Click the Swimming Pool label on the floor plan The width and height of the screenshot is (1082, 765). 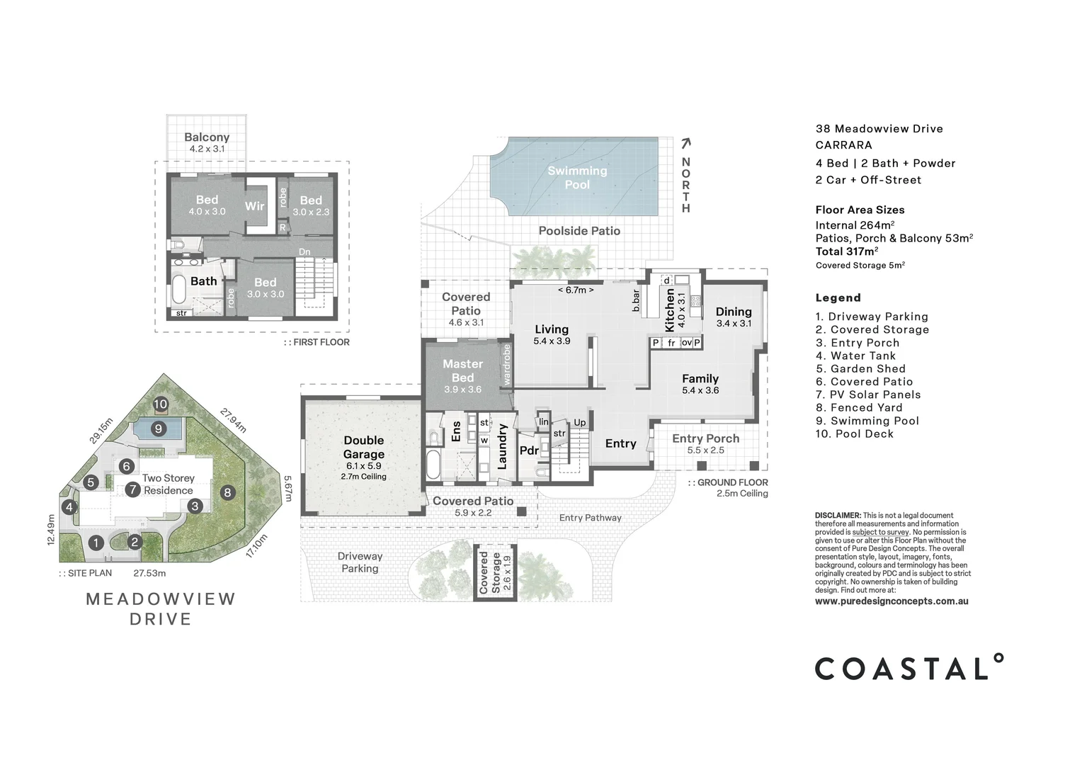click(x=576, y=177)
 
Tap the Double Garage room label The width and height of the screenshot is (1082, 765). click(x=364, y=448)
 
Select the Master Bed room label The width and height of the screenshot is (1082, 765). click(x=462, y=370)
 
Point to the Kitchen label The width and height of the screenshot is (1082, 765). click(x=670, y=310)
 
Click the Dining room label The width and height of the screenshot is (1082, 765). click(x=733, y=312)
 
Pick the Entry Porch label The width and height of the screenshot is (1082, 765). click(x=705, y=439)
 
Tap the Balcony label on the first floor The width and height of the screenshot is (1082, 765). click(x=207, y=137)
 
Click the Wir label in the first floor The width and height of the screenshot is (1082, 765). click(x=254, y=206)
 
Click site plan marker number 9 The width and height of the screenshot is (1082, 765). click(x=158, y=429)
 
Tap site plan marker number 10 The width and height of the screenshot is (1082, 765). click(x=161, y=404)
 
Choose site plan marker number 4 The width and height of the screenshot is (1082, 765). click(x=69, y=507)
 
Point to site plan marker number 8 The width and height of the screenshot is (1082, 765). click(x=227, y=492)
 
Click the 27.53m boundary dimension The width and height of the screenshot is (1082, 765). click(x=149, y=573)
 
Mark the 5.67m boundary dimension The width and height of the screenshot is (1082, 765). click(x=287, y=488)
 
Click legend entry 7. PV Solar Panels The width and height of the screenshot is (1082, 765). click(x=867, y=395)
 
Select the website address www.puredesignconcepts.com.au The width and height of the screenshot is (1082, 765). click(x=892, y=601)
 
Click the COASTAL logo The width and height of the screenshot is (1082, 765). click(x=909, y=668)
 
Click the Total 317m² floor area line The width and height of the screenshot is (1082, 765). click(x=847, y=251)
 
